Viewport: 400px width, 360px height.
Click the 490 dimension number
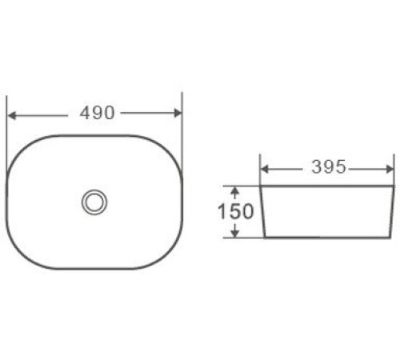coord(97,113)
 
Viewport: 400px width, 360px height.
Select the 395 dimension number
coord(329,167)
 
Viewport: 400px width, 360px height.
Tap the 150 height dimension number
coord(235,211)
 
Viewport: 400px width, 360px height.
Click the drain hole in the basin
coord(94,202)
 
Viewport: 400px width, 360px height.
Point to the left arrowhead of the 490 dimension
coord(12,116)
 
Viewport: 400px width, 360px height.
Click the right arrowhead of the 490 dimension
coord(178,113)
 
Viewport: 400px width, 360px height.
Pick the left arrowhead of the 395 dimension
coord(264,169)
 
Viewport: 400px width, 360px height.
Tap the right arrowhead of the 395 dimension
coord(390,169)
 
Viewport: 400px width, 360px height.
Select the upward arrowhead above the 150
coord(234,190)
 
